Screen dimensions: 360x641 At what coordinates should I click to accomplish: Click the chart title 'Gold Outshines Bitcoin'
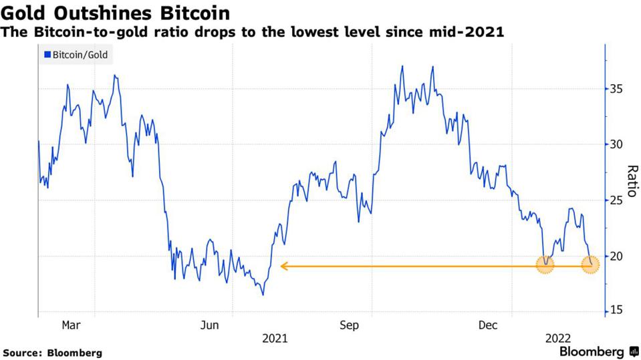coord(116,13)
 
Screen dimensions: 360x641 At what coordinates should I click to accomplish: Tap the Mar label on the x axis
coord(71,325)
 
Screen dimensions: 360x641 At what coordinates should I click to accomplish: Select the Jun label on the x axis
coord(210,325)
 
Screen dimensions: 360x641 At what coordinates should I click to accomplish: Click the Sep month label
coord(349,325)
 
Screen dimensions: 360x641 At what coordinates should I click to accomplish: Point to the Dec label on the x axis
coord(488,325)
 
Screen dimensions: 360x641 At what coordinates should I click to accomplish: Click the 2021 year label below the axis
coord(275,338)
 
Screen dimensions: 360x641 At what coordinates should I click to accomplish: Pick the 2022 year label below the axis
coord(557,338)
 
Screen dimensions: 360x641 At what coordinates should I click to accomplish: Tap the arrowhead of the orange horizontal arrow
coord(284,266)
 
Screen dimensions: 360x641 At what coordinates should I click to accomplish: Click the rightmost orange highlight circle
coord(590,265)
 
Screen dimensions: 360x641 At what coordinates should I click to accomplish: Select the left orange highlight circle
coord(545,265)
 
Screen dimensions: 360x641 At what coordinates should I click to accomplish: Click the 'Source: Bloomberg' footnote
coord(53,352)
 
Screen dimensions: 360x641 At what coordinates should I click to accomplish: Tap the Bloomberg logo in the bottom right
coord(599,351)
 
